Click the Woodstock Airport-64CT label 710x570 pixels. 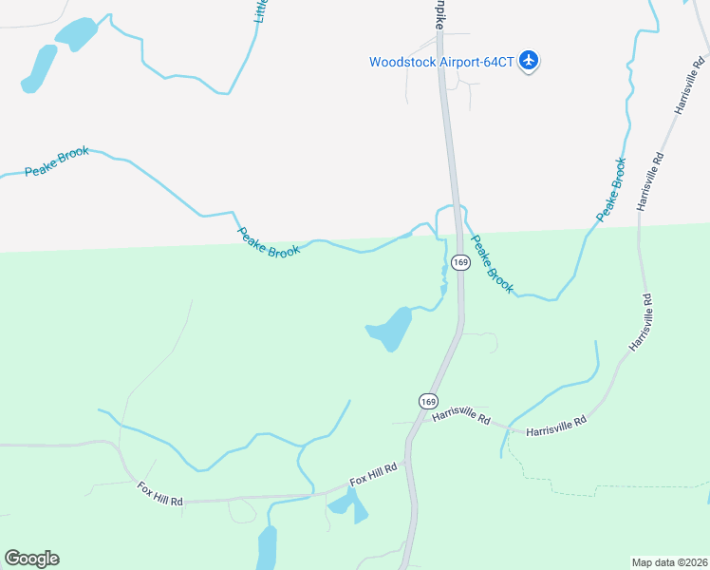coord(441,62)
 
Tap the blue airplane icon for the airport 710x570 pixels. coord(530,62)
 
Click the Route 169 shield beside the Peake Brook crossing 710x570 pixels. coord(459,262)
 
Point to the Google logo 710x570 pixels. coord(31,559)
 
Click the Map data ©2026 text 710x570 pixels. coord(669,561)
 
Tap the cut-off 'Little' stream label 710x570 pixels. coord(261,11)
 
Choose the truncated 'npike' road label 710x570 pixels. coord(439,13)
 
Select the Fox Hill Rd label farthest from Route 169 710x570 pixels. coord(159,493)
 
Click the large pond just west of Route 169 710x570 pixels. coord(391,329)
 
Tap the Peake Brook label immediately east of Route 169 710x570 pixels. coord(492,263)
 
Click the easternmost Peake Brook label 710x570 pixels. coord(612,190)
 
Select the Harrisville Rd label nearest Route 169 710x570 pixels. coord(460,417)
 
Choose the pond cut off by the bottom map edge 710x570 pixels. coord(267,549)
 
